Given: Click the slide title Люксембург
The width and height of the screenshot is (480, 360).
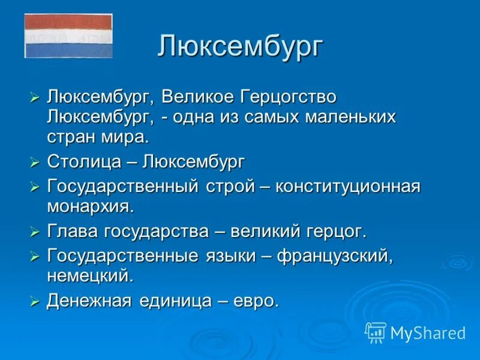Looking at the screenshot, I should (241, 46).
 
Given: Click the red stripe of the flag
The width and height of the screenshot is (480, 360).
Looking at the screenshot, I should (68, 22).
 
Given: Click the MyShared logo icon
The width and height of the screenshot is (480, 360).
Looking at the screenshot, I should (376, 332).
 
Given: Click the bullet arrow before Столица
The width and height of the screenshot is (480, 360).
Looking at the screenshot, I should (35, 163).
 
